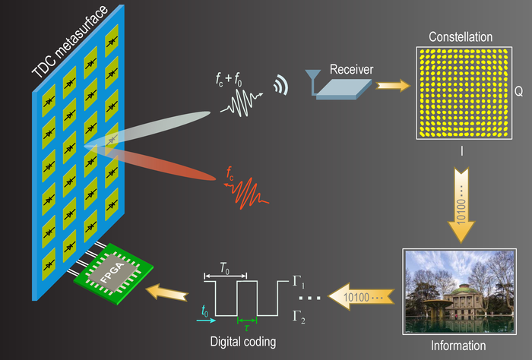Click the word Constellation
pos(461,36)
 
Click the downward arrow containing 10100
pos(462,201)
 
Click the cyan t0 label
pos(204,310)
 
